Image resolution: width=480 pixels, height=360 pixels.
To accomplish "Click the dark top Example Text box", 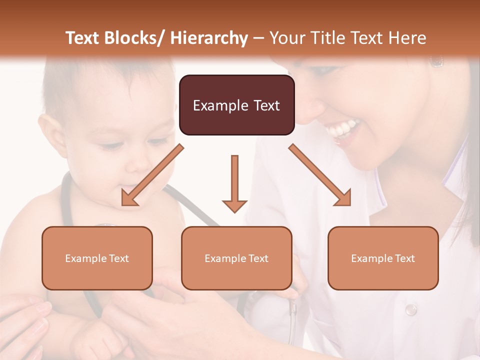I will (x=236, y=105).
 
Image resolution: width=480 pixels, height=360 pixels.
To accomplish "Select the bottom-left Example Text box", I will (x=97, y=258).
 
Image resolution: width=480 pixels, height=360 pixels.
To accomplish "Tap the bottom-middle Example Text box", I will (x=236, y=258).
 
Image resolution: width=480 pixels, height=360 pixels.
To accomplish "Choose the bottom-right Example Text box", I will (x=383, y=258).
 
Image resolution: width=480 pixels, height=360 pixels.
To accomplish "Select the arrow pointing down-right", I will (x=320, y=175).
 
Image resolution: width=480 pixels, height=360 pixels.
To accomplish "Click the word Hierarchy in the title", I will (x=209, y=38).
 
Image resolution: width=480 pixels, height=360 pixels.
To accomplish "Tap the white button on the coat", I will (x=410, y=309).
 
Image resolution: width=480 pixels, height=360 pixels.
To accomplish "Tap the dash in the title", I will (x=258, y=38).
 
